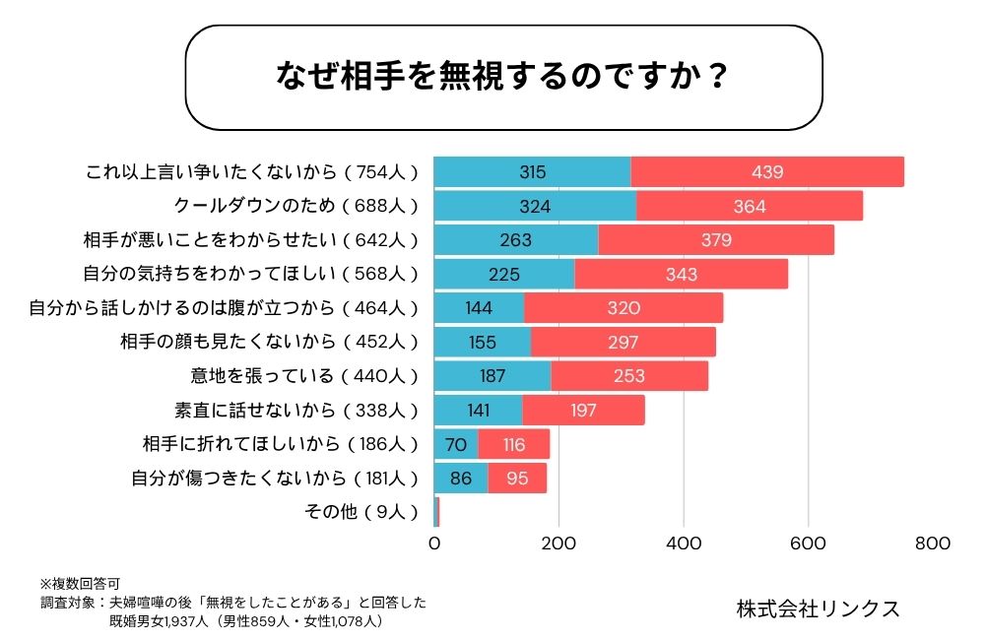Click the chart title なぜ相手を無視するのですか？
tap(503, 78)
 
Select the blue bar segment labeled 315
tap(532, 172)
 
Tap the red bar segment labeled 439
tap(766, 172)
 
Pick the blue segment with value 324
tap(535, 206)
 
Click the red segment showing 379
tap(715, 240)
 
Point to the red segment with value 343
tap(681, 274)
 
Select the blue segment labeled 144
tap(479, 308)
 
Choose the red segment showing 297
tap(623, 342)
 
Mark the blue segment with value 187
tap(492, 376)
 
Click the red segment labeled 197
tap(583, 410)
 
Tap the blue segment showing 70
tap(456, 444)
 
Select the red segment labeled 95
tap(517, 479)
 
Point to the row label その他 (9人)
tap(363, 512)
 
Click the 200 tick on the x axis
tap(559, 543)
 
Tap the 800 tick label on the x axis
tap(933, 543)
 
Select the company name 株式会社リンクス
tap(819, 608)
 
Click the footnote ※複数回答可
tap(80, 583)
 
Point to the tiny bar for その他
tap(436, 512)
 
